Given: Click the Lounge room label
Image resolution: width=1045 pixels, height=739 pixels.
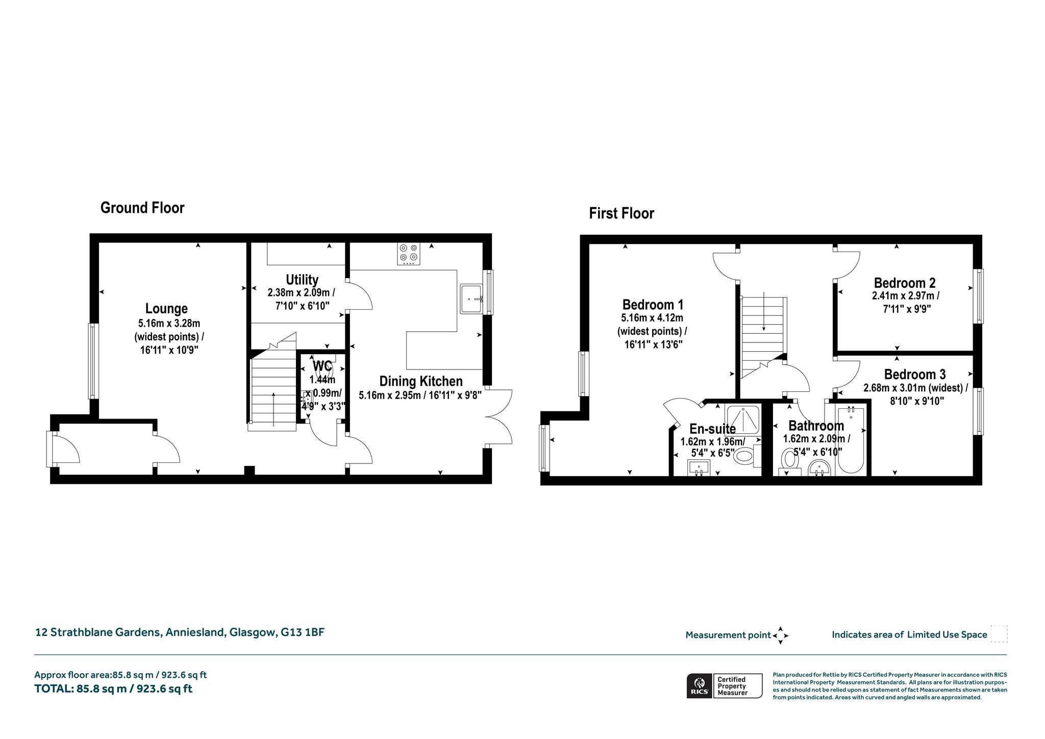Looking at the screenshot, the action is click(x=166, y=309).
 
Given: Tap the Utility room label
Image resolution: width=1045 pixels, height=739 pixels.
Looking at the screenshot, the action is click(x=302, y=280).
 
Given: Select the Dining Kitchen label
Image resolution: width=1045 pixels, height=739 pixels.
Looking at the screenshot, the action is click(x=421, y=381).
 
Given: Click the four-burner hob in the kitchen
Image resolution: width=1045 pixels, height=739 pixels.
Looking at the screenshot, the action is click(x=409, y=254).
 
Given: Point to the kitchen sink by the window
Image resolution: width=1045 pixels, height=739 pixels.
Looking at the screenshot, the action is click(x=471, y=299).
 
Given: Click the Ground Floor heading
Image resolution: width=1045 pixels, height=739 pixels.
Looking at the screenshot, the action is click(x=142, y=208).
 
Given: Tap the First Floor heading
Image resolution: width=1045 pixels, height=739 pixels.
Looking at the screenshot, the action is click(x=621, y=213).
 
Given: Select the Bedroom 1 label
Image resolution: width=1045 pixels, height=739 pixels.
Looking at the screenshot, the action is click(x=653, y=305).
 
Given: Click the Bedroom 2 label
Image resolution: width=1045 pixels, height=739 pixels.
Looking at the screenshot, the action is click(x=905, y=283).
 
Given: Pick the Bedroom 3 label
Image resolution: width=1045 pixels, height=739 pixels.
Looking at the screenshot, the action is click(x=915, y=374).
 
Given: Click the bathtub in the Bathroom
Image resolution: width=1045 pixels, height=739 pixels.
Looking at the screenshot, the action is click(x=850, y=439).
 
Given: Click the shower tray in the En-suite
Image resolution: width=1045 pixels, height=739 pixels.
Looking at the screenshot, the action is click(x=743, y=420).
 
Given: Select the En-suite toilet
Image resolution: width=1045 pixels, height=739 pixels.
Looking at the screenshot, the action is click(x=747, y=456).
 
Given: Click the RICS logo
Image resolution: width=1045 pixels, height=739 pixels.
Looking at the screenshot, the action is click(x=699, y=685).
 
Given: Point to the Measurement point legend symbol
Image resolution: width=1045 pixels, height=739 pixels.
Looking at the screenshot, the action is click(x=780, y=635).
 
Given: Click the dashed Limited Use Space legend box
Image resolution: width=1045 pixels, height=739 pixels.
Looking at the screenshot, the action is click(x=999, y=634).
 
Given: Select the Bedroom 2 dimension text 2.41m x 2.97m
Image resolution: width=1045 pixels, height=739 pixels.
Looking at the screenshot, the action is click(x=906, y=296).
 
